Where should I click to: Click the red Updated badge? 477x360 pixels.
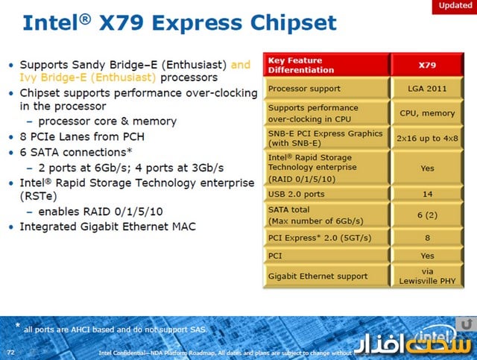coord(454,6)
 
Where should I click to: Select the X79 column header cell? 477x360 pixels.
coord(427,65)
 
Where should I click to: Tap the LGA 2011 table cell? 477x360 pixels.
coord(427,89)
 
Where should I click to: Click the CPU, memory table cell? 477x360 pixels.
coord(427,113)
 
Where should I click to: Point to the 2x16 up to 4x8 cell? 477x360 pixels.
coord(427,138)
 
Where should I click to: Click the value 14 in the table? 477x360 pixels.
coord(427,194)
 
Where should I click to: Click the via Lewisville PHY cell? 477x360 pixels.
coord(427,276)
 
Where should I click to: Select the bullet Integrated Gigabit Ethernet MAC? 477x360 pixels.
coord(107,227)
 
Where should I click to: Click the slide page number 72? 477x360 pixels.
coord(10,350)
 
